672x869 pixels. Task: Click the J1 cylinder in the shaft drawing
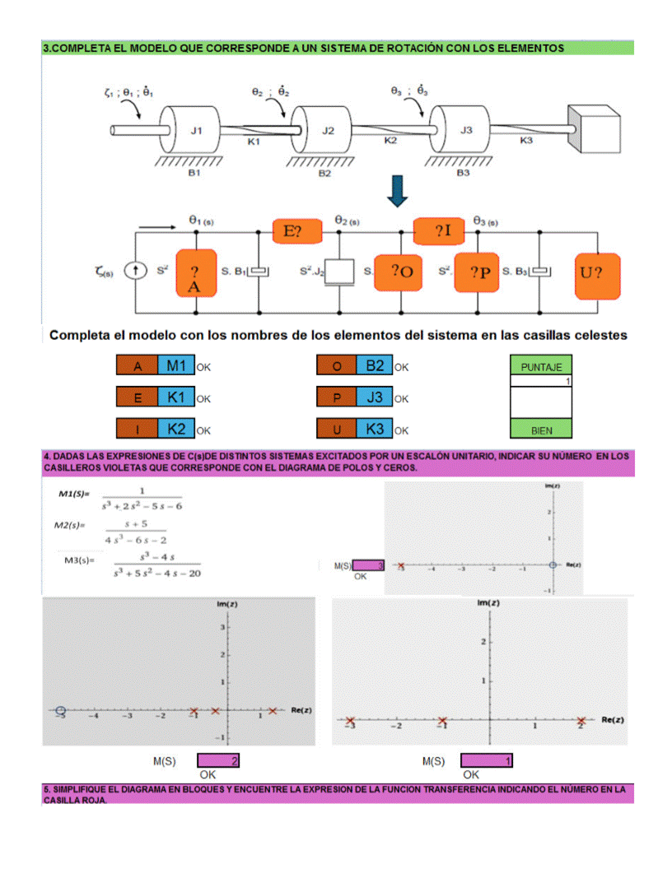tap(195, 129)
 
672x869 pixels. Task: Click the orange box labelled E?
tap(292, 231)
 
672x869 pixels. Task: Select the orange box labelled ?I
tap(442, 231)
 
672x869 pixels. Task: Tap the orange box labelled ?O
tap(400, 272)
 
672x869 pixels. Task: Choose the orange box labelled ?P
tap(478, 272)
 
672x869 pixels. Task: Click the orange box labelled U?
tap(597, 271)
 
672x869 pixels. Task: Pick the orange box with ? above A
tap(195, 272)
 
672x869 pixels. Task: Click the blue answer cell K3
tap(375, 429)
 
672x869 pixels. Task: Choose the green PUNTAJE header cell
tap(541, 367)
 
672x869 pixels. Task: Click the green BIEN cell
tap(541, 430)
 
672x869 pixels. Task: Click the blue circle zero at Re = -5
tap(60, 710)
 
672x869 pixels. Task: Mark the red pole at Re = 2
tap(581, 721)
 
